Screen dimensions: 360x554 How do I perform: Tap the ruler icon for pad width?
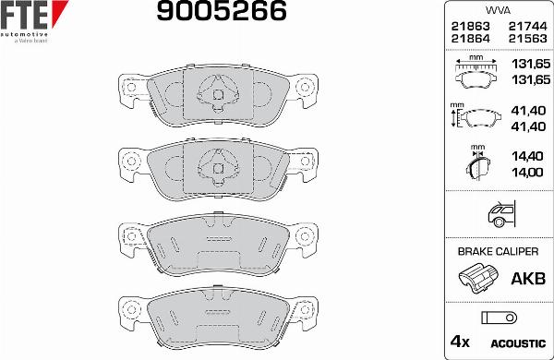(x=477, y=64)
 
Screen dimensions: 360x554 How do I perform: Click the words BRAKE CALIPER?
(x=498, y=250)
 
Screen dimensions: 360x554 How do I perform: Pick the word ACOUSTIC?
(x=524, y=342)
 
